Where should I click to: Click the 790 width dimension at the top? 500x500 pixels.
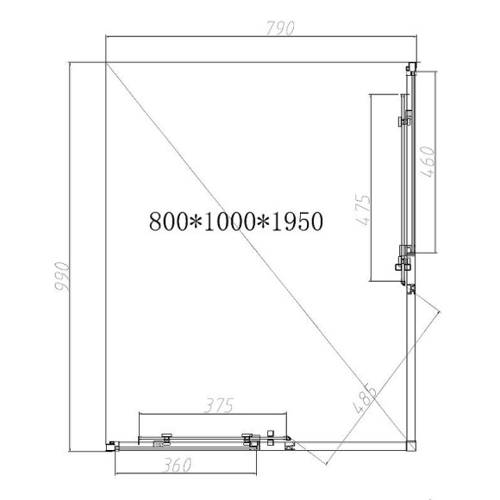(x=280, y=28)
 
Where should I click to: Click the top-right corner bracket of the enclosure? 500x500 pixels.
(x=410, y=66)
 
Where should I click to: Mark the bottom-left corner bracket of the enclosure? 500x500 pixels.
(x=109, y=445)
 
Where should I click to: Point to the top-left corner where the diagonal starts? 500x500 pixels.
(x=105, y=61)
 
